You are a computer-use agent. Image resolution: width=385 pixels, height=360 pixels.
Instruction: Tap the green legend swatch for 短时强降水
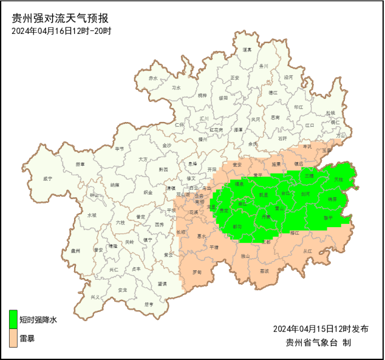pos(13,319)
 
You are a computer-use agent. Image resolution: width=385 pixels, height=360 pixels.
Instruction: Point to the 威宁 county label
pos(47,179)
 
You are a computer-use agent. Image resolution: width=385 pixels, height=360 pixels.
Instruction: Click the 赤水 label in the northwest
pos(153,78)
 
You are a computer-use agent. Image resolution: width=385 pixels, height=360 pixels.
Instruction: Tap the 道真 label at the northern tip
pos(246,50)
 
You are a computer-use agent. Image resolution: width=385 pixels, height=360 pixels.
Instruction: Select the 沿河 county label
pos(288,76)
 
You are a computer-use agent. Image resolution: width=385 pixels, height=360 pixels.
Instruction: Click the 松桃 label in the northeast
pos(330,113)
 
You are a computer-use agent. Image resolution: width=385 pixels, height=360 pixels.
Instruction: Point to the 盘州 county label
pos(75,250)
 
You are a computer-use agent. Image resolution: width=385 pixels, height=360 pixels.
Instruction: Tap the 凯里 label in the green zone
pos(263,194)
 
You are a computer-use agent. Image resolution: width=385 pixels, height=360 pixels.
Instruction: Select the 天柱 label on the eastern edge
pos(338,179)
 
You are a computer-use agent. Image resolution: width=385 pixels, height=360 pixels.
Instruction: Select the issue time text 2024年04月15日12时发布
pos(320,328)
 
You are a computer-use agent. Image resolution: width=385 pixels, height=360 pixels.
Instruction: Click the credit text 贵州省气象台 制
pos(319,342)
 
